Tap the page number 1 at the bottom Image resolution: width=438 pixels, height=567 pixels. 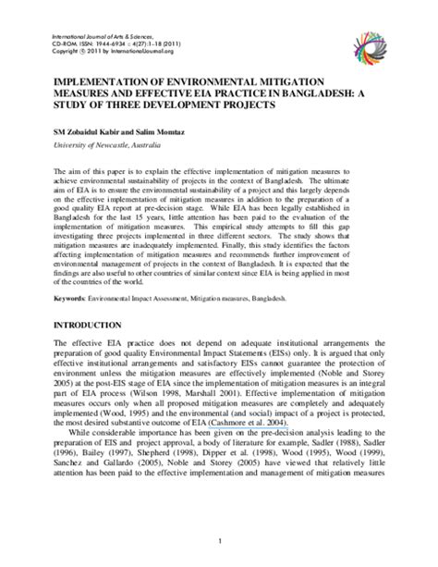tap(219, 540)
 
